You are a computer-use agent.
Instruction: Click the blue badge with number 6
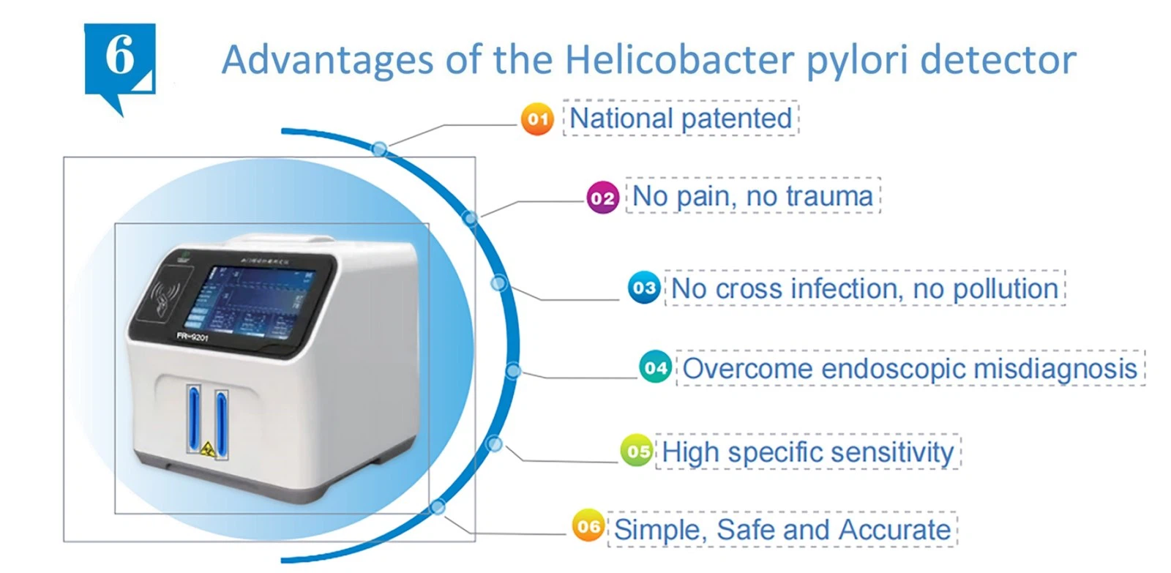pos(120,59)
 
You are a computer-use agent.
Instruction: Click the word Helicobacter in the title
pos(678,59)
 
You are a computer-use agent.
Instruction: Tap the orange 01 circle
pos(537,119)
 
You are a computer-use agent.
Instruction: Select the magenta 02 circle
pos(602,198)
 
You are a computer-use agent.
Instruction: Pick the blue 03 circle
pos(644,288)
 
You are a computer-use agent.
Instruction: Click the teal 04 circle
pos(655,367)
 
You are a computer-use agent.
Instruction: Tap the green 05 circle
pos(637,452)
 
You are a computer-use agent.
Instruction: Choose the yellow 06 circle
pos(588,526)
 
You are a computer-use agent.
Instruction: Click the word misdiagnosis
pos(1055,368)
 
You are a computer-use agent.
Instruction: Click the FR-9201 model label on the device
pos(192,337)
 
